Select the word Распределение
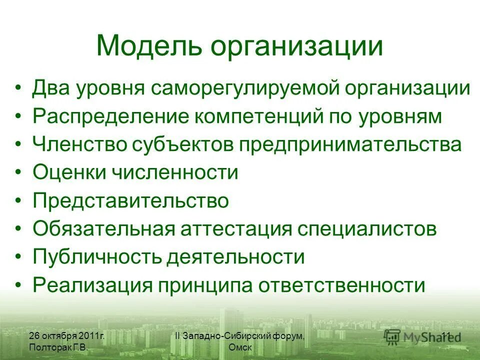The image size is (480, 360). coord(109,116)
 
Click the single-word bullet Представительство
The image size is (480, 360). coord(130,201)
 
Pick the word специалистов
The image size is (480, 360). coord(367,229)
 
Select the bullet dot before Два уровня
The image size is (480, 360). coord(18,88)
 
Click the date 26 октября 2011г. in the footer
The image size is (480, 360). coord(66,336)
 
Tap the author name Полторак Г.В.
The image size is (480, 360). coord(59,347)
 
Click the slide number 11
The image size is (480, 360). coord(446,335)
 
